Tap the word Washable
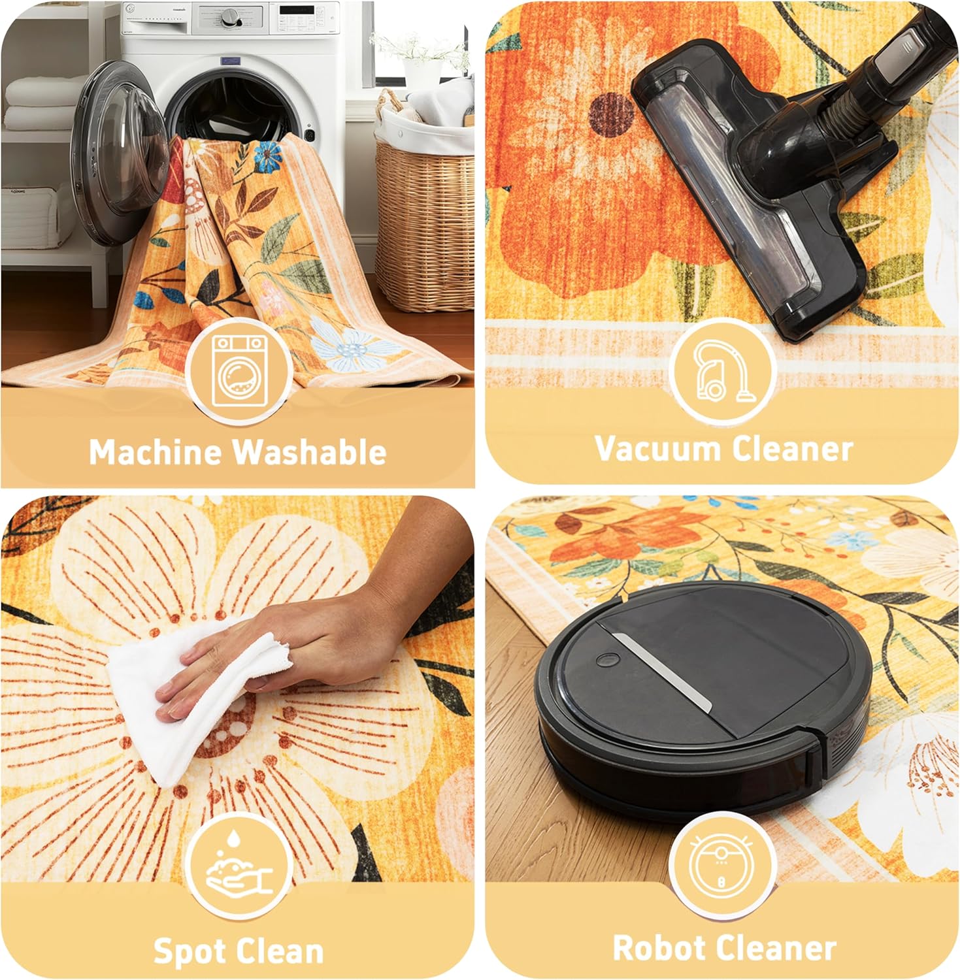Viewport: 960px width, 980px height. (x=310, y=452)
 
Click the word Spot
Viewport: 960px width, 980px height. (x=190, y=951)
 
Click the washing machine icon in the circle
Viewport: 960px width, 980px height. (x=239, y=370)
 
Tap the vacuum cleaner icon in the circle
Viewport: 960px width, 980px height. (x=722, y=370)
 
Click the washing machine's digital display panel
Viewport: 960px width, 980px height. (x=297, y=10)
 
